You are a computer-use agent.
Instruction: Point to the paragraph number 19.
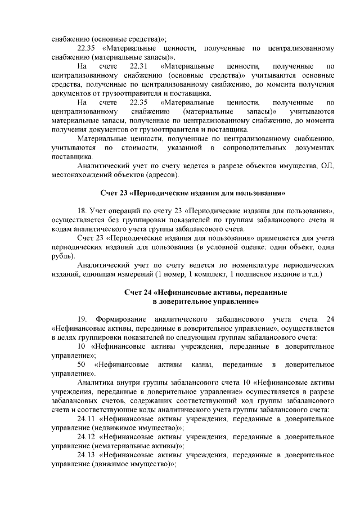(83, 319)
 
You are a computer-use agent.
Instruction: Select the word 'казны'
(200, 364)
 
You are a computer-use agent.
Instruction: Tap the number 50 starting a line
(82, 364)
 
